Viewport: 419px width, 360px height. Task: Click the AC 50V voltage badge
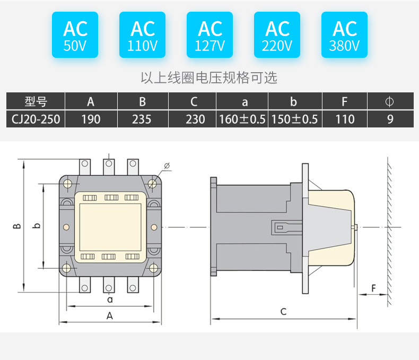click(75, 35)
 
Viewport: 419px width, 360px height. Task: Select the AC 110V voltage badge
click(142, 35)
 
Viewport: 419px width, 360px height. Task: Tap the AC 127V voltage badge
click(210, 35)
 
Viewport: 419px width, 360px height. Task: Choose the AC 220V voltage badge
click(277, 35)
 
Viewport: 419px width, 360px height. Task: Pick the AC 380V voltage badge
click(344, 35)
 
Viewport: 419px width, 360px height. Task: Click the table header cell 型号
click(36, 101)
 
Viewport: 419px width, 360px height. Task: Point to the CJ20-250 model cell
click(36, 119)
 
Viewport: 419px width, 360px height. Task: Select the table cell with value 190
click(91, 119)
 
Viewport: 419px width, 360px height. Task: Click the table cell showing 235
click(142, 119)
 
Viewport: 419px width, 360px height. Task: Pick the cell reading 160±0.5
click(242, 119)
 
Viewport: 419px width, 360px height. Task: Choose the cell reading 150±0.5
click(294, 119)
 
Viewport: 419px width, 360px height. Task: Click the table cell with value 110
click(345, 119)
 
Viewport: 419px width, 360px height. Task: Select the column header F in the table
click(345, 101)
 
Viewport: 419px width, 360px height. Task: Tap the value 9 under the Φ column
click(390, 119)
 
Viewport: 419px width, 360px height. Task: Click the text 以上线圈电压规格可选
click(209, 78)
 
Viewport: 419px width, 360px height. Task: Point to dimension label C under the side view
click(283, 312)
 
